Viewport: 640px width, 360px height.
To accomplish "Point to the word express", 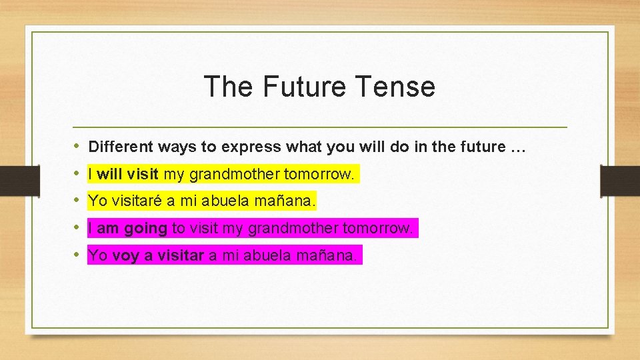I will coord(247,147).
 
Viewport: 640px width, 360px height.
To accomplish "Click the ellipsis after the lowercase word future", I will coord(518,147).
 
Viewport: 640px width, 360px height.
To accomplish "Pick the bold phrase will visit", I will coord(127,175).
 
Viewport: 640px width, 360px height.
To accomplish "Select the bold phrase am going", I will coord(131,229).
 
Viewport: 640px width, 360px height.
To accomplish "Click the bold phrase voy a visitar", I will coord(157,255).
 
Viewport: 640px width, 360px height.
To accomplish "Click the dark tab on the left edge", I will coord(11,181).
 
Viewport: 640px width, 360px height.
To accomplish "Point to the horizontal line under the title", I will coord(320,127).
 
